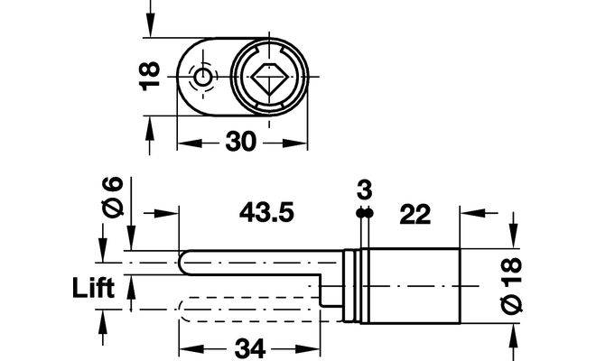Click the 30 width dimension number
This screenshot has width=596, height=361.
(241, 142)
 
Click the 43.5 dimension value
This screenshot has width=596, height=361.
(266, 212)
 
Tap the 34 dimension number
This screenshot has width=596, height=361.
(250, 348)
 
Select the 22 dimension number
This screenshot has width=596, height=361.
(415, 214)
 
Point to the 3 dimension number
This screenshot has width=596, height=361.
(365, 190)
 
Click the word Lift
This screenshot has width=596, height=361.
(94, 288)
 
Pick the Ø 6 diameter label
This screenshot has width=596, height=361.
(114, 197)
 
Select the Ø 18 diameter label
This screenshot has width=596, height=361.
(511, 285)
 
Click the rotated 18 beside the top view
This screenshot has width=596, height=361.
(149, 76)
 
